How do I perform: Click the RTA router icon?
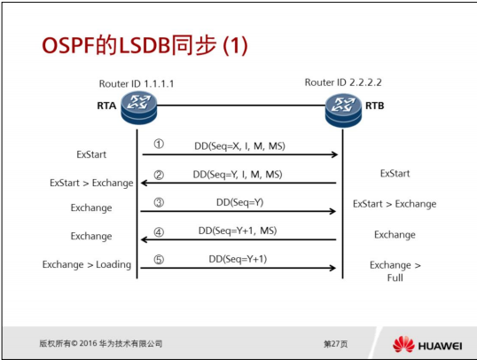coord(137,106)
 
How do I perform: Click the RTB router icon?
coord(341,104)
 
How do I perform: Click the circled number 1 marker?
coord(159,144)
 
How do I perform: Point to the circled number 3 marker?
coord(159,202)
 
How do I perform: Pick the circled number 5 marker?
coord(159,260)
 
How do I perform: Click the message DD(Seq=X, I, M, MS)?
coord(239,145)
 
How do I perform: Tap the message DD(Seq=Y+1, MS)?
coord(240,231)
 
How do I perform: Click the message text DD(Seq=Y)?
coord(239,202)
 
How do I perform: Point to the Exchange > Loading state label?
coord(85,264)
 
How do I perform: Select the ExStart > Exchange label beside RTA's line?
coord(90,183)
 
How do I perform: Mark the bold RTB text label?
coord(375,105)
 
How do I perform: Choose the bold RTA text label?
coord(106,105)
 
